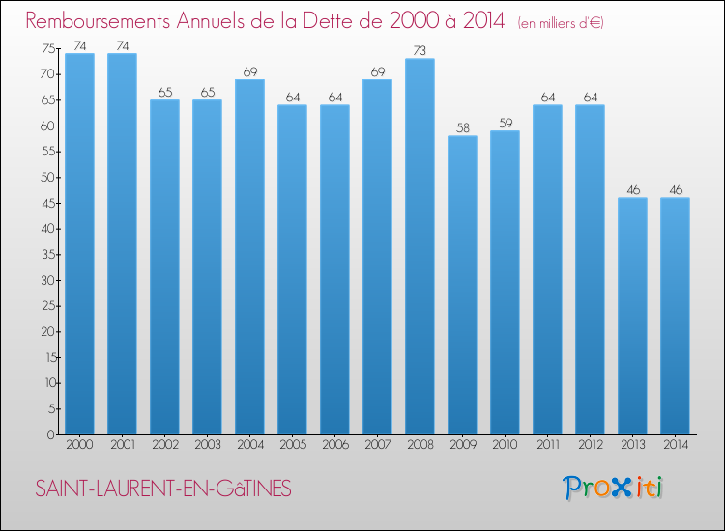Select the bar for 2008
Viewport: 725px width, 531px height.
point(420,246)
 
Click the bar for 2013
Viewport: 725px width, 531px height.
point(632,316)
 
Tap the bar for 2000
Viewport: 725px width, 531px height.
point(79,243)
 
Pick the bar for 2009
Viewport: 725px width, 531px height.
point(462,285)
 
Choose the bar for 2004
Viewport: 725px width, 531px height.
point(249,257)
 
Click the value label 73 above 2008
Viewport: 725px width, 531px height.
point(420,50)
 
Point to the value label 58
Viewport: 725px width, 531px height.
point(462,127)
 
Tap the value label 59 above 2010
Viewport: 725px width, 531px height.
point(505,123)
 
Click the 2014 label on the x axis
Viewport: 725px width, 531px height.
point(675,445)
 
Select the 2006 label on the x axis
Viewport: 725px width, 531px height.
point(334,445)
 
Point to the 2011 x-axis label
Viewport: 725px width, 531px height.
point(547,445)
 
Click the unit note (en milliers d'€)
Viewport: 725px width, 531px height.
point(561,23)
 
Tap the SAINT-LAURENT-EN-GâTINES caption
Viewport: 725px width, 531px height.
point(162,489)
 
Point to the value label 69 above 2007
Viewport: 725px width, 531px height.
point(377,71)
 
